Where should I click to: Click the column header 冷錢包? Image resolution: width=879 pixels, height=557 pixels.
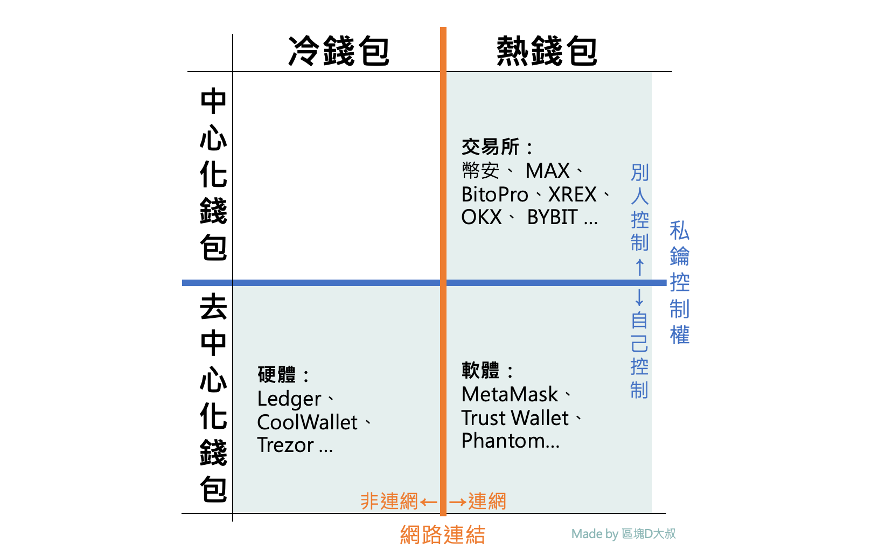pyautogui.click(x=338, y=51)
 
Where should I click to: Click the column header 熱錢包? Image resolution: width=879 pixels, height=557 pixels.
pyautogui.click(x=546, y=51)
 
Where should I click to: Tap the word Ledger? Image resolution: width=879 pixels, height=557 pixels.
pyautogui.click(x=289, y=399)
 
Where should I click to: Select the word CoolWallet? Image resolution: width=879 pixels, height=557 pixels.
pyautogui.click(x=307, y=422)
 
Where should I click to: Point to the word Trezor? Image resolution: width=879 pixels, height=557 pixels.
pyautogui.click(x=285, y=445)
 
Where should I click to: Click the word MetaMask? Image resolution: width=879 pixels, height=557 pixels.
pyautogui.click(x=510, y=395)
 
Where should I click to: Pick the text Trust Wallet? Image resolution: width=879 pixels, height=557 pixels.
pyautogui.click(x=515, y=418)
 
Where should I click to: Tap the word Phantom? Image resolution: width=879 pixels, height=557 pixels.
pyautogui.click(x=503, y=441)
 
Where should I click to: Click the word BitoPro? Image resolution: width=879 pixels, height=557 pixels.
pyautogui.click(x=494, y=194)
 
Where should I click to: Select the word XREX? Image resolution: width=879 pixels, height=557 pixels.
pyautogui.click(x=572, y=194)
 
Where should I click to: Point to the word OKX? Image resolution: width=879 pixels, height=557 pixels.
pyautogui.click(x=482, y=218)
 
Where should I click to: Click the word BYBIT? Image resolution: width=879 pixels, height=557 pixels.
pyautogui.click(x=552, y=218)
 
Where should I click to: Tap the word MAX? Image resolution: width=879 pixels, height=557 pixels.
pyautogui.click(x=547, y=171)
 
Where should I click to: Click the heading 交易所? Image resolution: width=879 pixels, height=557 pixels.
pyautogui.click(x=491, y=147)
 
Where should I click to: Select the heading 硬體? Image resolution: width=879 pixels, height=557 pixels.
pyautogui.click(x=277, y=374)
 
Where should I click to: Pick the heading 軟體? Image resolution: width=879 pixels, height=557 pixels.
pyautogui.click(x=480, y=370)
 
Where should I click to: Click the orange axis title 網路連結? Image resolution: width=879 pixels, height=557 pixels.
pyautogui.click(x=443, y=535)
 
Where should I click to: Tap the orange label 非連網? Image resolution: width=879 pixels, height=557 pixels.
pyautogui.click(x=389, y=502)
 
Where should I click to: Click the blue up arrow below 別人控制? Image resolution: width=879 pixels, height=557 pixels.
pyautogui.click(x=640, y=267)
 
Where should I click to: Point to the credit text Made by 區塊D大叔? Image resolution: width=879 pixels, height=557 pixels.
pyautogui.click(x=623, y=534)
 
